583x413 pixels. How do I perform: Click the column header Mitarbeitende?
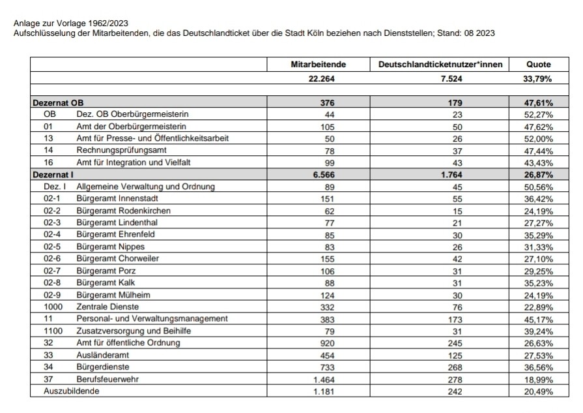(318, 65)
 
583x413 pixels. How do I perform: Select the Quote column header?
(539, 65)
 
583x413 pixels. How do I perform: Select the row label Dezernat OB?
(58, 103)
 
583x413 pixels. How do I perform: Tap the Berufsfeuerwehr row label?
(108, 378)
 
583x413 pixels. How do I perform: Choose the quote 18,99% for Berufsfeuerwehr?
(539, 378)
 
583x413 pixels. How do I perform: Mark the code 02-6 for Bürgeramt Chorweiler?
(53, 258)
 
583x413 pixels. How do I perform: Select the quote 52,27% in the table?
(539, 114)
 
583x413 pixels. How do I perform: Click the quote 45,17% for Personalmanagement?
(539, 318)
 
